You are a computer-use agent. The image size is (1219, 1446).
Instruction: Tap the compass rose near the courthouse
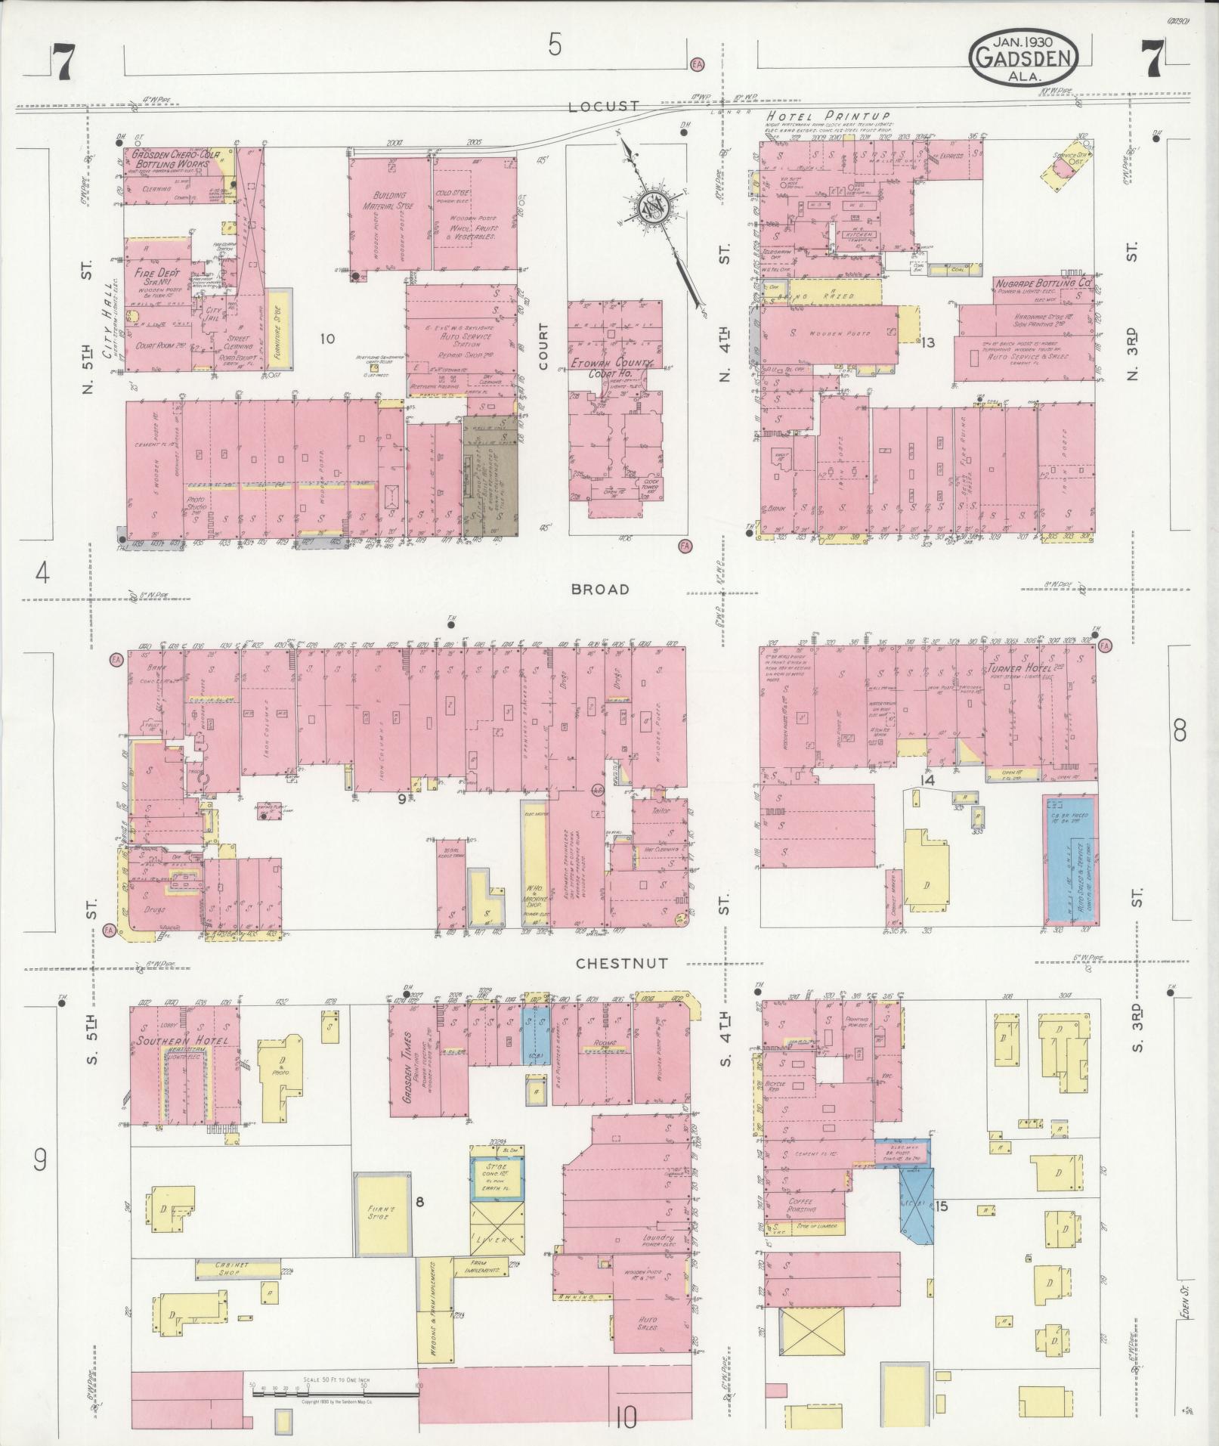(x=652, y=205)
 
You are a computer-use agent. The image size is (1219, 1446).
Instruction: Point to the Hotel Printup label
(x=828, y=116)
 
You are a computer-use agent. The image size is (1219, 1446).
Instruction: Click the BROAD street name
(x=600, y=589)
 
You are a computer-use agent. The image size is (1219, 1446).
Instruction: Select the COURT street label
(x=543, y=346)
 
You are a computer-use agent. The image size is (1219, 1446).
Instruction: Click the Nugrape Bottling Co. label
(x=1044, y=282)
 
